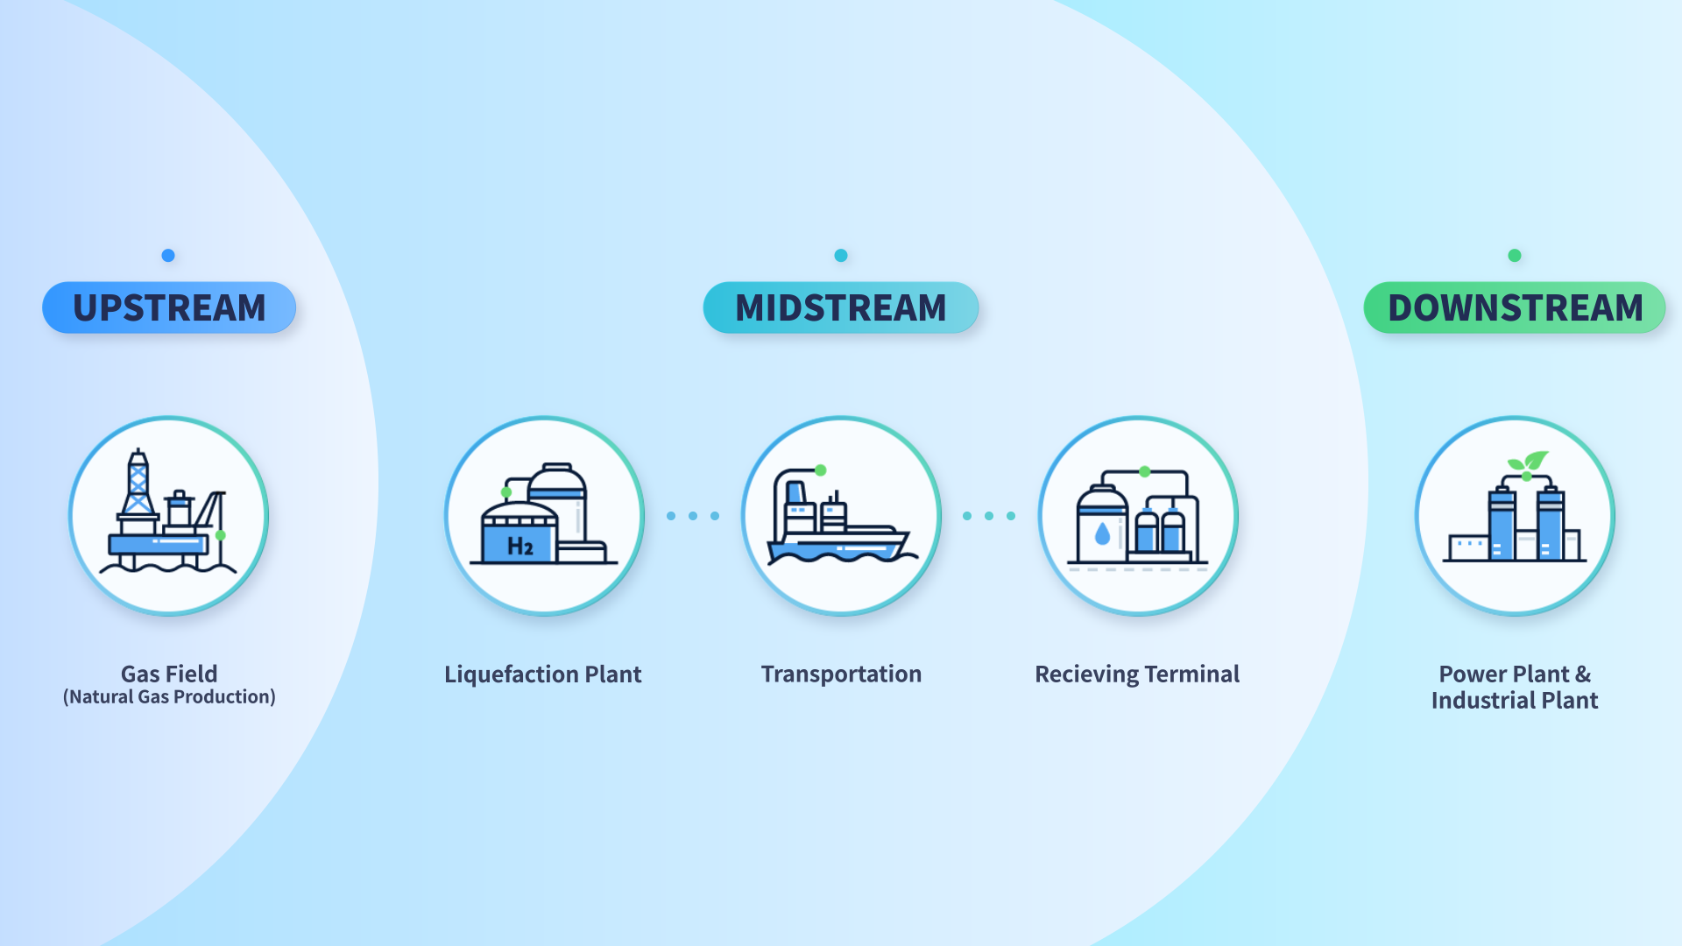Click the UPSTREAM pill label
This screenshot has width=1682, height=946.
point(169,307)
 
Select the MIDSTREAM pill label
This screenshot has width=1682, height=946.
point(841,307)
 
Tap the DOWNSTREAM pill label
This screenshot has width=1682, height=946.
point(1515,307)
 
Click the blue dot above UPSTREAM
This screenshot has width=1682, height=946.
point(168,256)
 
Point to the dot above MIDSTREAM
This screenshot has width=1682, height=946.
point(841,256)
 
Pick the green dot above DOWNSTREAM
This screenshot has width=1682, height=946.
point(1515,256)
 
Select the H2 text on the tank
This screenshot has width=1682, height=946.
point(519,547)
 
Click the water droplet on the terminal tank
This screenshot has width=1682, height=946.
point(1102,533)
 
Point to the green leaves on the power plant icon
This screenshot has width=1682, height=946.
point(1529,461)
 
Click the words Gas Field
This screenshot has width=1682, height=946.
point(169,674)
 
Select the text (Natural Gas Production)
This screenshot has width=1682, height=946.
point(169,697)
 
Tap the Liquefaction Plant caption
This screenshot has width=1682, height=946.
point(543,674)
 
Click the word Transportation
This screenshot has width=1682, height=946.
point(841,674)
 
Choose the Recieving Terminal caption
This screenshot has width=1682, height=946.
point(1137,674)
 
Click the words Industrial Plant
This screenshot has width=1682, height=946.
point(1515,701)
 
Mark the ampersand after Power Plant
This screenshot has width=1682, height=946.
point(1583,674)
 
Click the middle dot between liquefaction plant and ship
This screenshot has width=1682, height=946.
point(693,516)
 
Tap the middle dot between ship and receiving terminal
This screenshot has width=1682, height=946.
point(989,516)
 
